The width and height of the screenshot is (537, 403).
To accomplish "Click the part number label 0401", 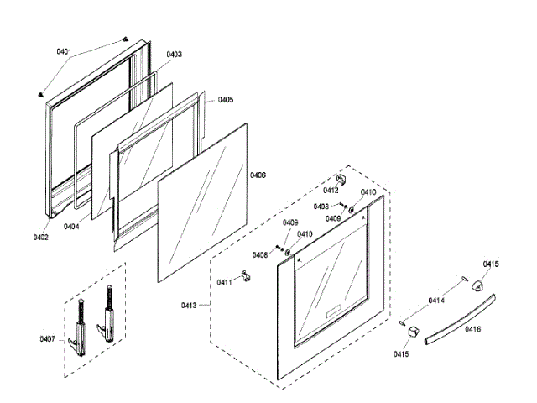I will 65,52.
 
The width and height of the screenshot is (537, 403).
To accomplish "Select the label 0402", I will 41,237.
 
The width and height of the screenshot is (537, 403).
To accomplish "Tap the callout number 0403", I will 174,55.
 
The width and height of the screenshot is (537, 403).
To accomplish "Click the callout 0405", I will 226,100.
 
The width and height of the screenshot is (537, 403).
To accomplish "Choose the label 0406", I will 258,175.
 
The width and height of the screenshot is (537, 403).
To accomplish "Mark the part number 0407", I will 48,339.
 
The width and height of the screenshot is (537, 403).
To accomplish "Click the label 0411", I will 224,282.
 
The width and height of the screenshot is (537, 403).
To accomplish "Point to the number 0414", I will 436,301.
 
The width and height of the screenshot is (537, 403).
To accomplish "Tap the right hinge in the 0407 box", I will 107,318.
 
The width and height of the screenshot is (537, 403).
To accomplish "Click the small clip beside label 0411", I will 245,276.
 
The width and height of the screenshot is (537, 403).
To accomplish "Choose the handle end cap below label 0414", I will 410,334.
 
